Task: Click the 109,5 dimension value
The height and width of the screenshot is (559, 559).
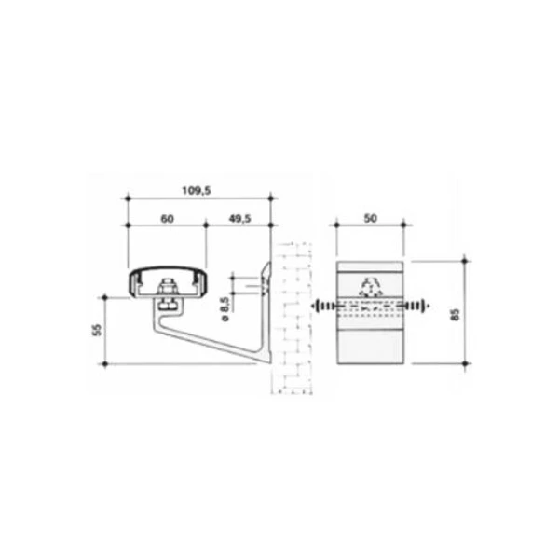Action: pos(197,191)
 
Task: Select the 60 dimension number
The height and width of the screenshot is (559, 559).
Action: pos(167,219)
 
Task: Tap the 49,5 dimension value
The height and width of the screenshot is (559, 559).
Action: pos(239,219)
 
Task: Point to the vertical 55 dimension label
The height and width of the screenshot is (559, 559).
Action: pos(97,330)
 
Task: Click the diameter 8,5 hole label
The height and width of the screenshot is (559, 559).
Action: pos(225,308)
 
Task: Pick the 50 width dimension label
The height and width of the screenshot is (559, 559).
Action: pos(371,219)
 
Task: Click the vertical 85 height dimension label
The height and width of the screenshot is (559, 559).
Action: pos(456,315)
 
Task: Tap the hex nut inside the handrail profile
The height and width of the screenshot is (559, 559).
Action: pos(167,286)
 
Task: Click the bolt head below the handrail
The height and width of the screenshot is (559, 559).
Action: pos(167,306)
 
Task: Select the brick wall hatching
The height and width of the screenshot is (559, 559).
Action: pos(293,319)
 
